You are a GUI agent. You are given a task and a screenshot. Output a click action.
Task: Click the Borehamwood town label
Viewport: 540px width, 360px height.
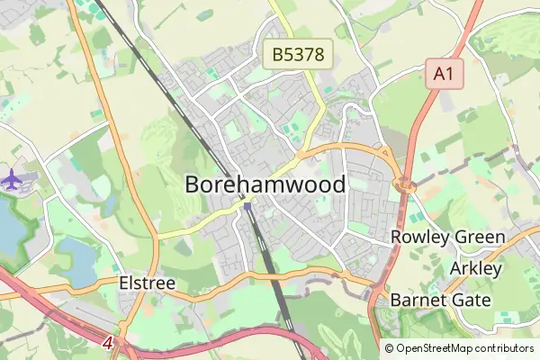(x=265, y=184)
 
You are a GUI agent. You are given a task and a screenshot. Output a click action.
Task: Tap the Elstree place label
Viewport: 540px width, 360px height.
(x=147, y=283)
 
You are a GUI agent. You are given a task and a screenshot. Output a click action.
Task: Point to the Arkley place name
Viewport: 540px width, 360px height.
(x=472, y=269)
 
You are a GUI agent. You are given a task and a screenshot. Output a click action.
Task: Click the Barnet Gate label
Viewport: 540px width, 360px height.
(x=440, y=300)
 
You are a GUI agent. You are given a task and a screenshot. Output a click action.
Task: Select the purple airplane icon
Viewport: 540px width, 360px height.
(x=13, y=178)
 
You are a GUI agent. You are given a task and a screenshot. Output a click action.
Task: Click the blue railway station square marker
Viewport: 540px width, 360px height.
(x=247, y=206)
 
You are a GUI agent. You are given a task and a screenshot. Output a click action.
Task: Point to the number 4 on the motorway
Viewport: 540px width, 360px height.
(x=107, y=343)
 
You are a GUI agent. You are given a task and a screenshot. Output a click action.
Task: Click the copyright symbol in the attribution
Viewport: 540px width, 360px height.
(x=389, y=348)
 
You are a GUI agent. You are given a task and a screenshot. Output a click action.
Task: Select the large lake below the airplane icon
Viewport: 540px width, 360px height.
(x=11, y=225)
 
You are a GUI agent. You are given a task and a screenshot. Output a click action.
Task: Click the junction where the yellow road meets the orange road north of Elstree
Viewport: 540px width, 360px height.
(x=157, y=236)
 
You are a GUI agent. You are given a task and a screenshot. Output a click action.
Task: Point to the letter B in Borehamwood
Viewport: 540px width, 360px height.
(x=193, y=184)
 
